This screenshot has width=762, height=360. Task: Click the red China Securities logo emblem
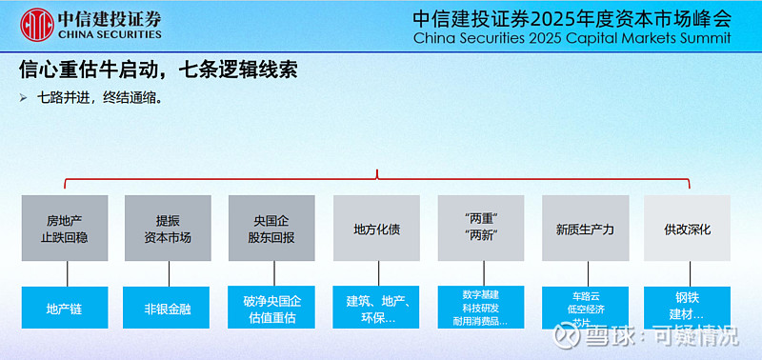tap(36, 24)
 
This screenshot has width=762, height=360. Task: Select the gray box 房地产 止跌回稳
tap(64, 229)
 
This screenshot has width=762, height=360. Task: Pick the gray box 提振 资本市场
tap(168, 229)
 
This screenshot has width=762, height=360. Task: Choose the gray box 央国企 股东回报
tap(271, 229)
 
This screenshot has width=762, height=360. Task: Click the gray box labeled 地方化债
tap(376, 229)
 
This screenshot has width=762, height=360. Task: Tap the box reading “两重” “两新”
tap(481, 229)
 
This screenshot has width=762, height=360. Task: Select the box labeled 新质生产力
tap(585, 229)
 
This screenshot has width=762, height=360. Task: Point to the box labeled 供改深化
tap(688, 229)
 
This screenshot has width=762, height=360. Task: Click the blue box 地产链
tap(64, 309)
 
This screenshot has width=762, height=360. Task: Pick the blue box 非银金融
tap(168, 309)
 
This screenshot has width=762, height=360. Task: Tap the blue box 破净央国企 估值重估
tap(271, 309)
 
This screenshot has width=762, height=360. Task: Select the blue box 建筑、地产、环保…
tap(376, 309)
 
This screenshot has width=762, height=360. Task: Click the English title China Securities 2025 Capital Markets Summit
tap(571, 39)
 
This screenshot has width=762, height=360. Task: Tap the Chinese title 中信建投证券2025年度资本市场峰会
tap(571, 18)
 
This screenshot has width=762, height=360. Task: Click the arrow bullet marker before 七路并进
tap(24, 97)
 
